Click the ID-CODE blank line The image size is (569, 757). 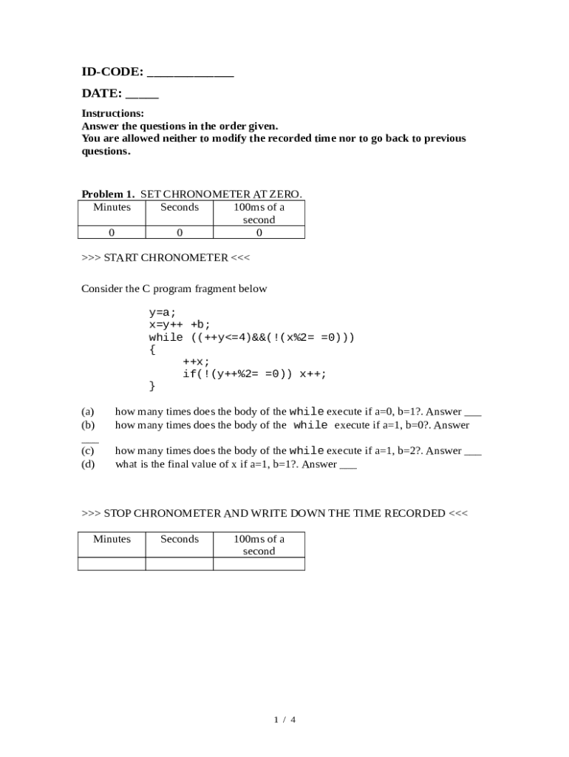191,75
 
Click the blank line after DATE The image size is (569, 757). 142,97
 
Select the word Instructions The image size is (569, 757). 112,114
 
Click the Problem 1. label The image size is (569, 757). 108,194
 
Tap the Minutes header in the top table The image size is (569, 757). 112,207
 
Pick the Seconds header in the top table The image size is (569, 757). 180,207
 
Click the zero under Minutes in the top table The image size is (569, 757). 112,233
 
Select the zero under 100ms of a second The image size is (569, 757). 259,233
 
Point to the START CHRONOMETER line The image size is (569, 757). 166,257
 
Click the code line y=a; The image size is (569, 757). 163,313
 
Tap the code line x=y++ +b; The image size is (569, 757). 180,325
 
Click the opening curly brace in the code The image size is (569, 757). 152,350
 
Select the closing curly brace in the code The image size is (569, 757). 152,386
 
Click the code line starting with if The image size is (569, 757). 254,374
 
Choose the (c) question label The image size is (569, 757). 88,450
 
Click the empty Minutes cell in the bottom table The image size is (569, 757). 112,564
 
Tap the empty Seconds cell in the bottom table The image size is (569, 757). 180,564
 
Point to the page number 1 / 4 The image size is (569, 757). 284,719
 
